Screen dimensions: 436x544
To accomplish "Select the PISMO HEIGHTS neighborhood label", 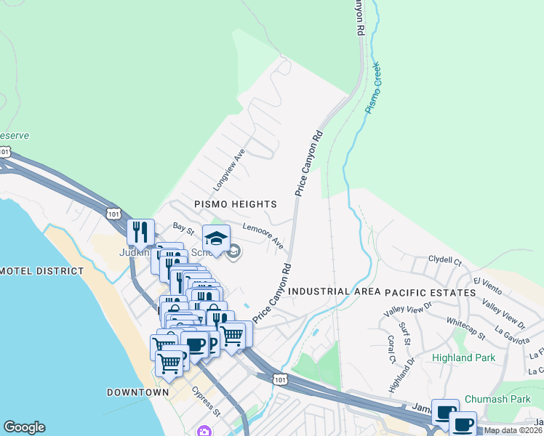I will coord(236,204).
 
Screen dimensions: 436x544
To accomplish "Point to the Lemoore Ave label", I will coord(263,237).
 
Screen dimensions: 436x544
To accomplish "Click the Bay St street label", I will coord(183,230).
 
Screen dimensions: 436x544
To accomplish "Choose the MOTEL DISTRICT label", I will coord(42,271).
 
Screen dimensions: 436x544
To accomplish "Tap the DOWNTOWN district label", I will coord(137,392).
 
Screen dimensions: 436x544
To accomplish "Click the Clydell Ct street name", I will coord(445,259).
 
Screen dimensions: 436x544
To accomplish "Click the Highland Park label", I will coord(463,358).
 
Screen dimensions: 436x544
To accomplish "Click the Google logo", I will coord(24,427).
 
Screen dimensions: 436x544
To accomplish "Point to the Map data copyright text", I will coord(513,430).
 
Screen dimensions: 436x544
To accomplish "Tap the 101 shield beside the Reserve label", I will coord(6,152).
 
